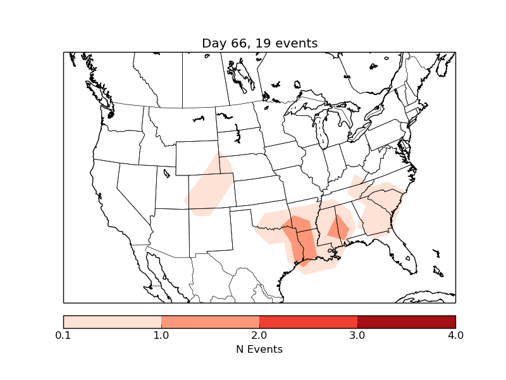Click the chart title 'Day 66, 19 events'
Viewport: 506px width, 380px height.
259,43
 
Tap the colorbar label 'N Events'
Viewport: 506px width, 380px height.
259,349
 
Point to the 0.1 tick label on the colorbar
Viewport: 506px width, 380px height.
63,335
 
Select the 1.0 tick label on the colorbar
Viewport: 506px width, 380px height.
161,335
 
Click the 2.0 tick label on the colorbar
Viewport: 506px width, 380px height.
259,335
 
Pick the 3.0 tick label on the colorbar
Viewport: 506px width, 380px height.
357,335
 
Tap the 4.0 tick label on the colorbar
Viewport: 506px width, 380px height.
455,335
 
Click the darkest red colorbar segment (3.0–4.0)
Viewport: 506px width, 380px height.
406,322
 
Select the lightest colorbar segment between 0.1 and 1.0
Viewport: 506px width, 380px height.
113,322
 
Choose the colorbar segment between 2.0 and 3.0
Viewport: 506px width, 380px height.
308,322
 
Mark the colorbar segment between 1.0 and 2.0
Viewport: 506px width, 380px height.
210,322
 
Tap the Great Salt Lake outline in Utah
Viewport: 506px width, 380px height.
166,172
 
